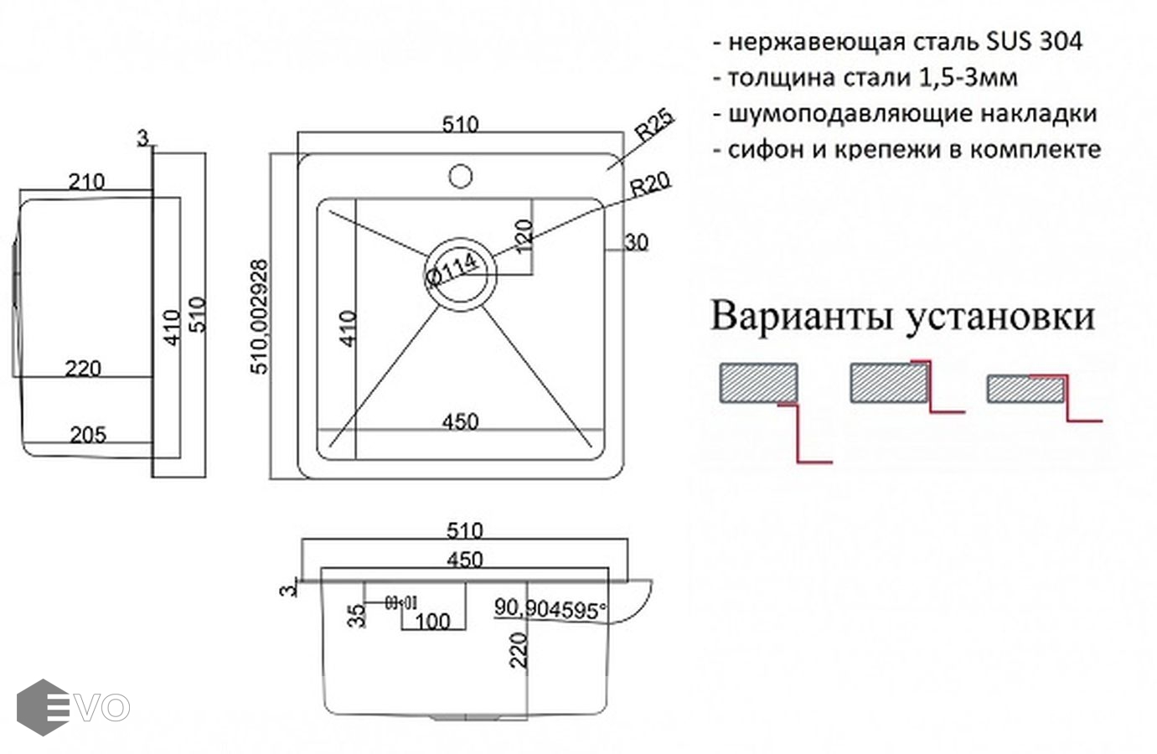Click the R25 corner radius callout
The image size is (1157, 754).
654,127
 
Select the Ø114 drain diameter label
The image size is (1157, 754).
452,270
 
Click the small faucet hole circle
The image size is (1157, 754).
460,176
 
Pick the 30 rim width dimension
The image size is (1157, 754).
637,243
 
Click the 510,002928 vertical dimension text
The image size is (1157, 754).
260,317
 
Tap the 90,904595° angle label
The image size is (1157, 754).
550,608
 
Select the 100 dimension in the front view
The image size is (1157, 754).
432,621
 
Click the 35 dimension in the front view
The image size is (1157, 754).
358,616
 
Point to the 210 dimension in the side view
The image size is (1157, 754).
86,182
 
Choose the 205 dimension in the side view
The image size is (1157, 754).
88,434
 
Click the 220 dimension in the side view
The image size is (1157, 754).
83,368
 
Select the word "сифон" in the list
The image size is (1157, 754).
757,150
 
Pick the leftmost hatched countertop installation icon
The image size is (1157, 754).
758,384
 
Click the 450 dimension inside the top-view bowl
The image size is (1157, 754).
461,421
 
